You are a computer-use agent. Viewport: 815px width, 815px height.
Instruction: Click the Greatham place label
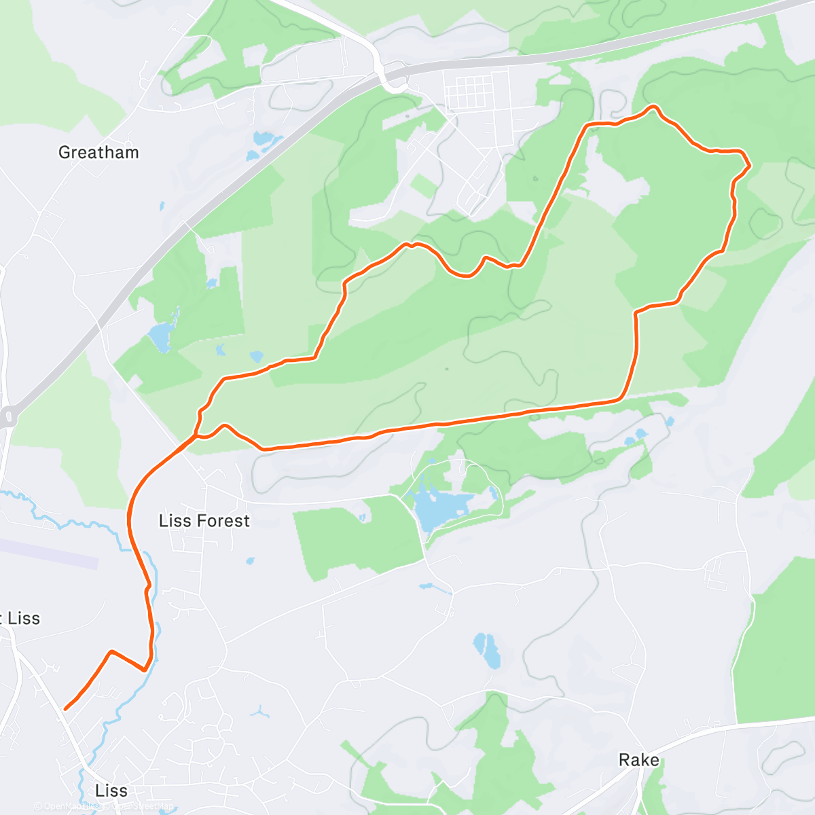click(98, 152)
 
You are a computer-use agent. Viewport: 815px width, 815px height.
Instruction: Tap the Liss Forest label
click(204, 521)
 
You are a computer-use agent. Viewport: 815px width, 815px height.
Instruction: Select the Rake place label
click(638, 760)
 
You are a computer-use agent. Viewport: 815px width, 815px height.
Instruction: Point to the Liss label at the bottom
click(111, 791)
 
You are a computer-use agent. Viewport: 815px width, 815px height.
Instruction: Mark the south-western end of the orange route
click(65, 709)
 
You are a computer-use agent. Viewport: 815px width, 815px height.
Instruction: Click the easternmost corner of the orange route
click(749, 164)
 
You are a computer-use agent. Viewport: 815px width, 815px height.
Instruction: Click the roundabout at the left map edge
click(8, 416)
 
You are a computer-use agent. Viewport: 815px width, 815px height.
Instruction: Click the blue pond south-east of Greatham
click(162, 336)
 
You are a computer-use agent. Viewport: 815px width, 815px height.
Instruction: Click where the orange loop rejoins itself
click(196, 435)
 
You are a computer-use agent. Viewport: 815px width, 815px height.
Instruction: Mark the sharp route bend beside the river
click(145, 669)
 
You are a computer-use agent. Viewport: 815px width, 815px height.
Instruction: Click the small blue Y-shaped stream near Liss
click(258, 712)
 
